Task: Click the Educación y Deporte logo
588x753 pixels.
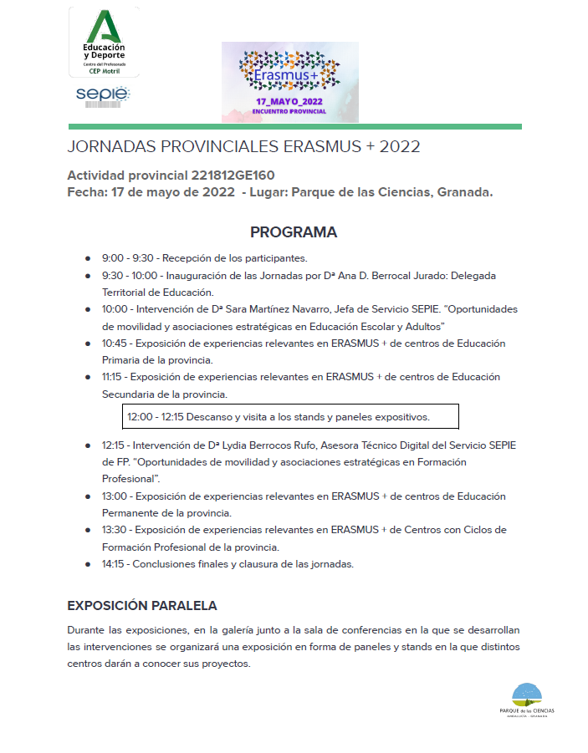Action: coord(104,42)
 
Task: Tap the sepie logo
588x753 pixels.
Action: coord(103,95)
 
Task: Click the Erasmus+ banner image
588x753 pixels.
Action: coord(289,82)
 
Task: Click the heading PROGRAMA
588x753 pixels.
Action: coord(294,232)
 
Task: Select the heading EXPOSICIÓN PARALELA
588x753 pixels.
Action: coord(142,605)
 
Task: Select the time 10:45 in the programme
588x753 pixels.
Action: coord(115,343)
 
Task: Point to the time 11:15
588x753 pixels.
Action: coord(114,377)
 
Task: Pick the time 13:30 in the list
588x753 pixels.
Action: coord(115,530)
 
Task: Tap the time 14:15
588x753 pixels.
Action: coord(115,564)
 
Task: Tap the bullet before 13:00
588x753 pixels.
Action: coord(88,496)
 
